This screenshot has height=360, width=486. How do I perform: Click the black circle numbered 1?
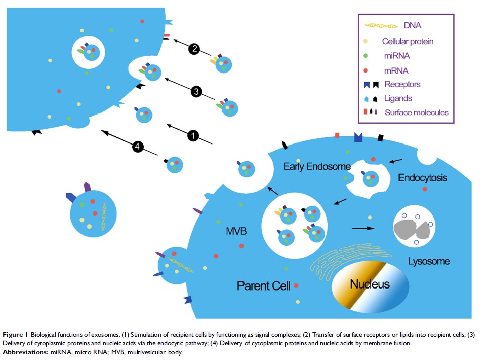193,135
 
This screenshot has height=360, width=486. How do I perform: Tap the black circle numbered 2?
194,49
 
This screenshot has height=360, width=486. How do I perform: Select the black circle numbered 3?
196,92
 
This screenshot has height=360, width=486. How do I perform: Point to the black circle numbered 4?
138,147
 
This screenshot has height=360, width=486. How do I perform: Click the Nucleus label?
370,284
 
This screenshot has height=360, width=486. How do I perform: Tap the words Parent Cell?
264,286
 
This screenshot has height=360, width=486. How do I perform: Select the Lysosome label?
429,262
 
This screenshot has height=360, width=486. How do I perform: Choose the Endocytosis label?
423,178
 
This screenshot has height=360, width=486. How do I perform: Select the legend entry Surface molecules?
417,113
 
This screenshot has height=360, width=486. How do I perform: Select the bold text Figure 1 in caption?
16,335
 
